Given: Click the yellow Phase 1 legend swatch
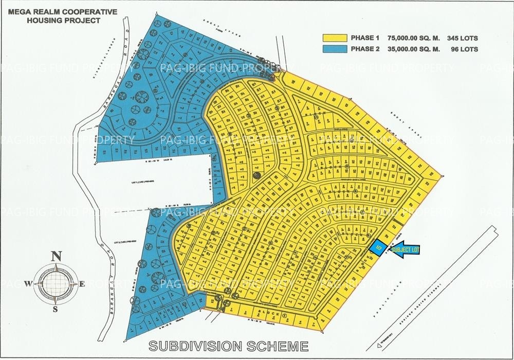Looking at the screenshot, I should tap(334, 38).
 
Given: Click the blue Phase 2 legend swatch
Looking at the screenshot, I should tap(334, 49).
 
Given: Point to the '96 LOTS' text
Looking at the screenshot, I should tap(464, 49).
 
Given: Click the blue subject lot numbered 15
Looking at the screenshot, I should tap(379, 247).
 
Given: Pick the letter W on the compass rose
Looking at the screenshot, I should tap(30, 282).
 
